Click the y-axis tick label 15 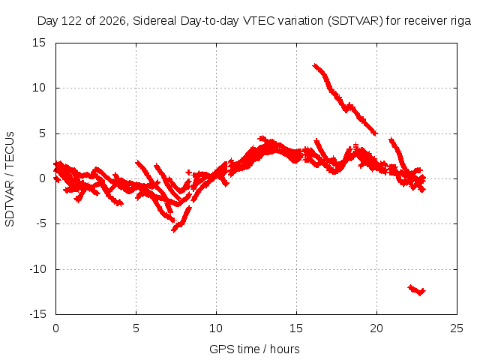pyautogui.click(x=39, y=43)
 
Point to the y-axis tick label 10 pyautogui.click(x=39, y=88)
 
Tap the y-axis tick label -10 pyautogui.click(x=38, y=269)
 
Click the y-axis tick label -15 pyautogui.click(x=38, y=314)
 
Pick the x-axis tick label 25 pyautogui.click(x=457, y=328)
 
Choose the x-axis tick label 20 pyautogui.click(x=376, y=328)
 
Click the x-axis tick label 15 pyautogui.click(x=296, y=328)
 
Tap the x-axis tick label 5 pyautogui.click(x=136, y=328)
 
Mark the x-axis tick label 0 pyautogui.click(x=55, y=328)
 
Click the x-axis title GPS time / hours pyautogui.click(x=254, y=349)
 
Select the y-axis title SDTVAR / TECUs pyautogui.click(x=10, y=179)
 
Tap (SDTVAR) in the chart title pyautogui.click(x=355, y=21)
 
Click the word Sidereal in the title pyautogui.click(x=154, y=21)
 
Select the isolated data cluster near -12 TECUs pyautogui.click(x=417, y=290)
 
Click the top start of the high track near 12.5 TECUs pyautogui.click(x=314, y=65)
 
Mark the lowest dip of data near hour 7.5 pyautogui.click(x=174, y=229)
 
